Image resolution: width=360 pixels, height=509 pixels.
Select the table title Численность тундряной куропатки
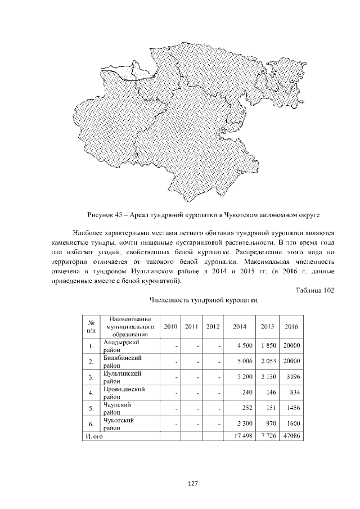pyautogui.click(x=203, y=301)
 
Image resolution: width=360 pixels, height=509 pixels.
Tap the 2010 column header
pyautogui.click(x=170, y=326)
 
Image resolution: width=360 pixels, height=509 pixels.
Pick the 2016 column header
pyautogui.click(x=291, y=326)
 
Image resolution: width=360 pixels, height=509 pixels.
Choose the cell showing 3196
pyautogui.click(x=292, y=376)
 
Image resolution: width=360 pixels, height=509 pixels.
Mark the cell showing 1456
pyautogui.click(x=292, y=408)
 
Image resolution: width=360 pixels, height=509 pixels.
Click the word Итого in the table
pyautogui.click(x=92, y=435)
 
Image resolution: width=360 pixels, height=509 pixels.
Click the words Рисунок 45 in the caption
pyautogui.click(x=104, y=214)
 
